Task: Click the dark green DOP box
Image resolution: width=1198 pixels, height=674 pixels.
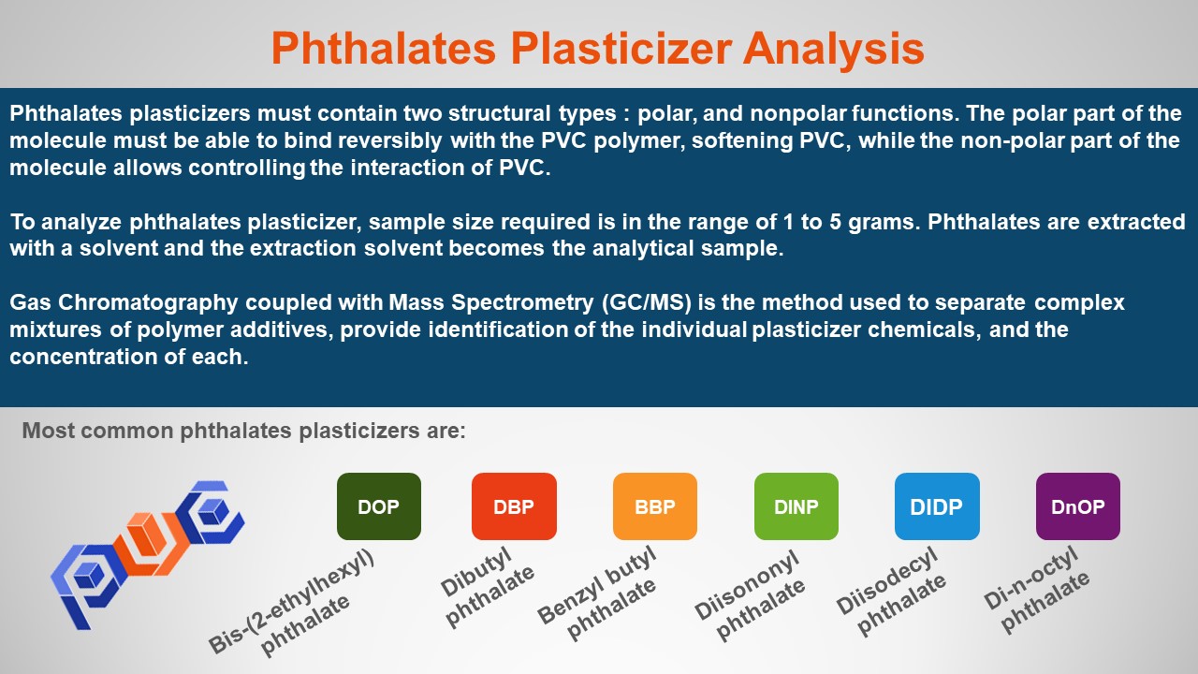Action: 379,506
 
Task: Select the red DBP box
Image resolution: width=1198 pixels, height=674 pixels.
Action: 514,506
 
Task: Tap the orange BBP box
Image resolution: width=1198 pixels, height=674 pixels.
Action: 654,506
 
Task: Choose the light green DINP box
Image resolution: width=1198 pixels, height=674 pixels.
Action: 796,506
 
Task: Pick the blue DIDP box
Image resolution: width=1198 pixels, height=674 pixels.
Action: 937,506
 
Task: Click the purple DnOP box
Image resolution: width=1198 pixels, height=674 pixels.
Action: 1077,506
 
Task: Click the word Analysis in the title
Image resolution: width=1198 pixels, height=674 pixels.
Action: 833,49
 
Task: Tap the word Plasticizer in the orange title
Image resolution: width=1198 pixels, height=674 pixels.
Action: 621,49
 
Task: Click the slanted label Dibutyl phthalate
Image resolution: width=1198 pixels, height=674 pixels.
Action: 487,587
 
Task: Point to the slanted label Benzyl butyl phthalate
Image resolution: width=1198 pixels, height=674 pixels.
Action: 597,593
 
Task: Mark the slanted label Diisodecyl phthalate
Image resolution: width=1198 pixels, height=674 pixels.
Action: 890,591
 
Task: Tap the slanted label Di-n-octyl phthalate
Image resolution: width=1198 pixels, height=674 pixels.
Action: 1036,590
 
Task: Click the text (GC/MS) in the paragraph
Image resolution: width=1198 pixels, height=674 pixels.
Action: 646,302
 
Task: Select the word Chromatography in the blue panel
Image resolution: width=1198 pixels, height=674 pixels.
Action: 148,303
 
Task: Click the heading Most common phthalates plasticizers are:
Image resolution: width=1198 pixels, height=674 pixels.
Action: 244,431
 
